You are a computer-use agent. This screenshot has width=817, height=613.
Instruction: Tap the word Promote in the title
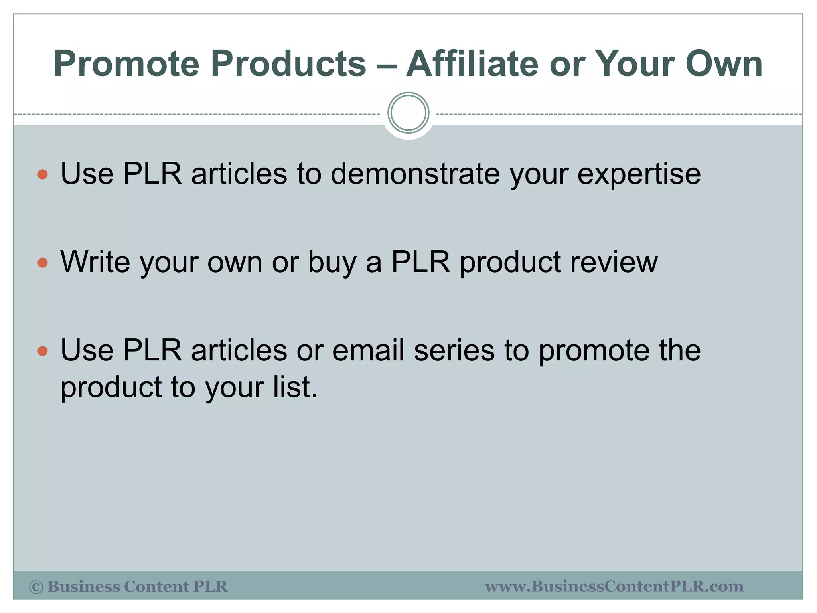[x=126, y=64]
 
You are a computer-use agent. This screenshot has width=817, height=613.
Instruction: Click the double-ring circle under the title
[x=408, y=113]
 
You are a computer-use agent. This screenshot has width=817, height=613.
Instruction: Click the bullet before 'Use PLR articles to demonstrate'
[x=43, y=174]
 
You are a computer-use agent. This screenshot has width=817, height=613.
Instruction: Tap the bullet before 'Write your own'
[x=43, y=263]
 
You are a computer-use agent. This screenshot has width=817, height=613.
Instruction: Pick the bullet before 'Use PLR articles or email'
[x=43, y=351]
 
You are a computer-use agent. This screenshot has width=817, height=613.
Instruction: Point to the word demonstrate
[x=415, y=174]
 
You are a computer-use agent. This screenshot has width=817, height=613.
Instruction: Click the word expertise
[x=639, y=175]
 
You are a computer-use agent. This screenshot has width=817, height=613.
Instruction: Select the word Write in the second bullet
[x=95, y=262]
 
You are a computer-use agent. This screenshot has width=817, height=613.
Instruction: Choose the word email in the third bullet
[x=368, y=350]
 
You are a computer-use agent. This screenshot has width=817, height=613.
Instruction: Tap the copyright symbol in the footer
[x=36, y=587]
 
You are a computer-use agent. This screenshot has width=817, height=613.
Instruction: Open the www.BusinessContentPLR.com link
[x=614, y=587]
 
